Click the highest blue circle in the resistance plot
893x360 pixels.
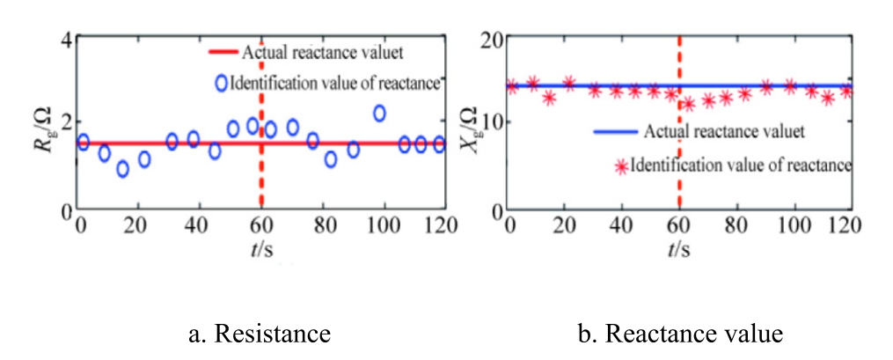point(379,113)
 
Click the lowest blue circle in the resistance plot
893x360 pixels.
point(123,168)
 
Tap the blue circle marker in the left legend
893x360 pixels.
point(222,84)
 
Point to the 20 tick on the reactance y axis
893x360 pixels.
point(488,39)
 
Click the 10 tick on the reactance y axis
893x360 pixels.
point(488,122)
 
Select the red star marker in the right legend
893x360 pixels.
point(623,165)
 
